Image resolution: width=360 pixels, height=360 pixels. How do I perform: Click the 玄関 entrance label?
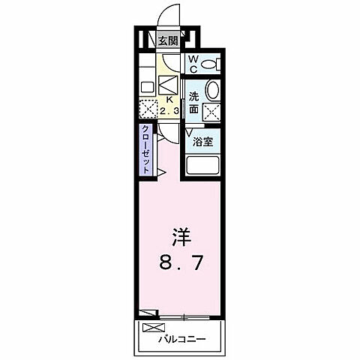167,40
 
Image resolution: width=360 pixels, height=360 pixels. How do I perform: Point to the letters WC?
192,64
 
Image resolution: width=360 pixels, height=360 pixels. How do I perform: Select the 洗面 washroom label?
193,102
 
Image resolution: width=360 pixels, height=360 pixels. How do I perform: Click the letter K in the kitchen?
169,98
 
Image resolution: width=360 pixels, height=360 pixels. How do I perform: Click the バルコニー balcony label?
181,337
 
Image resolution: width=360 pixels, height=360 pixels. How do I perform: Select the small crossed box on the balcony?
151,328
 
